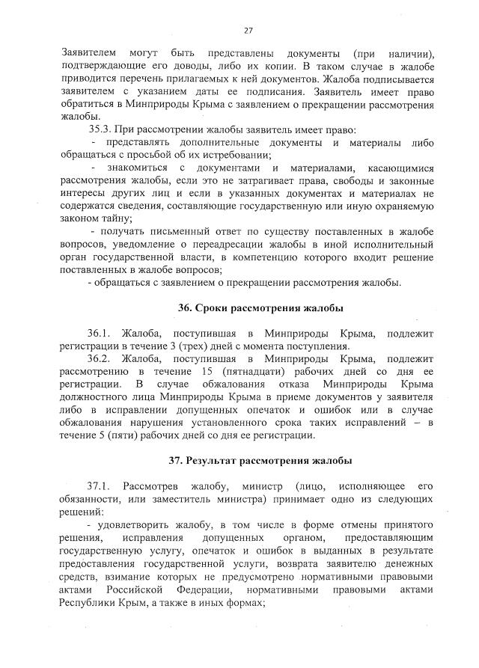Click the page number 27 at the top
(x=248, y=31)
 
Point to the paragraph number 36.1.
(x=102, y=331)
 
